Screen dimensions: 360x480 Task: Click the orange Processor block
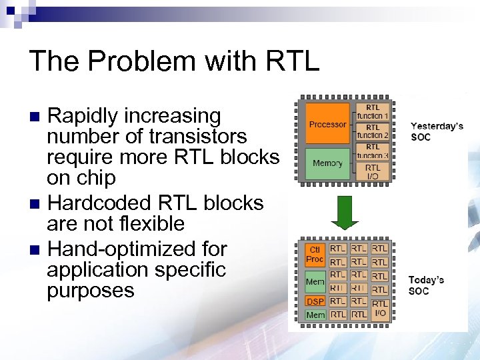(x=327, y=124)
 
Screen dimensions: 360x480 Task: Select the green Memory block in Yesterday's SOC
(x=327, y=163)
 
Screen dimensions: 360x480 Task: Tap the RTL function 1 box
(x=373, y=111)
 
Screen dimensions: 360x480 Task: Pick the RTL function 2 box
(x=373, y=131)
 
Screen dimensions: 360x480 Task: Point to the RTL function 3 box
(x=373, y=151)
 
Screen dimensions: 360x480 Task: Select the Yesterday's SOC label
(x=437, y=131)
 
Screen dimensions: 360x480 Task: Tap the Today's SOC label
(x=427, y=285)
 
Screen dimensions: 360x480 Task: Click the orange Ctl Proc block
(x=315, y=254)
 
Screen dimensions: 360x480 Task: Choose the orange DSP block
(x=315, y=301)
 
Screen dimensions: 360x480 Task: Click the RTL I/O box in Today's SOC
(x=379, y=308)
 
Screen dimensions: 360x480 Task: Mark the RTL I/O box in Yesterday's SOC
(x=373, y=171)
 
